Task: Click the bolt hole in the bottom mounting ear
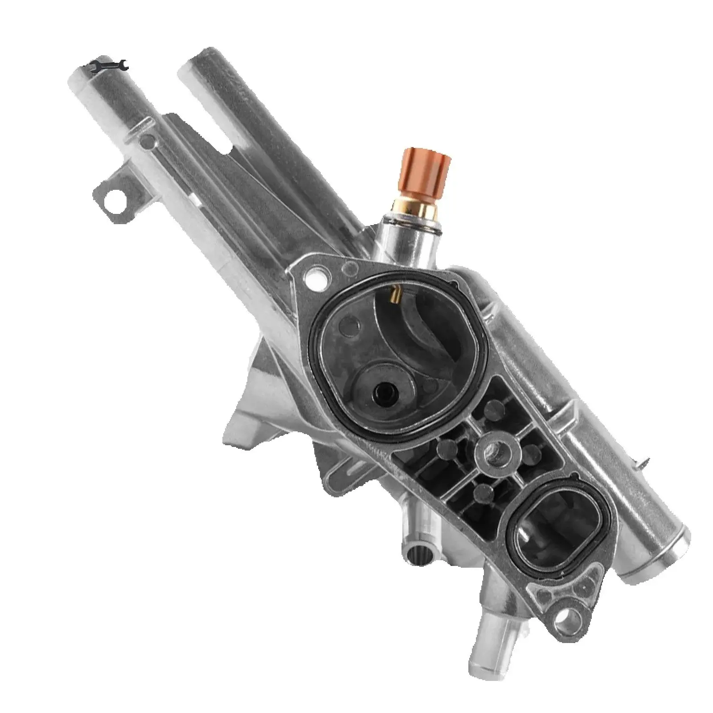coord(571,617)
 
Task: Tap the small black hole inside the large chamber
coord(382,392)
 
